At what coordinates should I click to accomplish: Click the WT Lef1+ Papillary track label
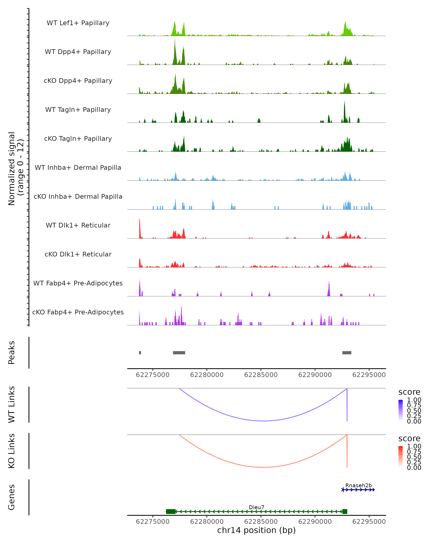pyautogui.click(x=78, y=23)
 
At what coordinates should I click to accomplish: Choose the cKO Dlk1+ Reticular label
pyautogui.click(x=78, y=254)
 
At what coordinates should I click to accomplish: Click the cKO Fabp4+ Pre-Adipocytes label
pyautogui.click(x=78, y=312)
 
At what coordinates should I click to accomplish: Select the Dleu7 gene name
pyautogui.click(x=256, y=507)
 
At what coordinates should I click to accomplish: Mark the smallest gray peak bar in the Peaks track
pyautogui.click(x=140, y=353)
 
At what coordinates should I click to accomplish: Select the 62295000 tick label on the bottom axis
pyautogui.click(x=369, y=522)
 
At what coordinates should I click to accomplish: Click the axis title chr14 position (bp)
pyautogui.click(x=256, y=530)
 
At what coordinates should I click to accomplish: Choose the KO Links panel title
pyautogui.click(x=12, y=451)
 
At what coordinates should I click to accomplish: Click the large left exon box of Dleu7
pyautogui.click(x=171, y=512)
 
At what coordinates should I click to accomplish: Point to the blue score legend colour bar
pyautogui.click(x=401, y=410)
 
